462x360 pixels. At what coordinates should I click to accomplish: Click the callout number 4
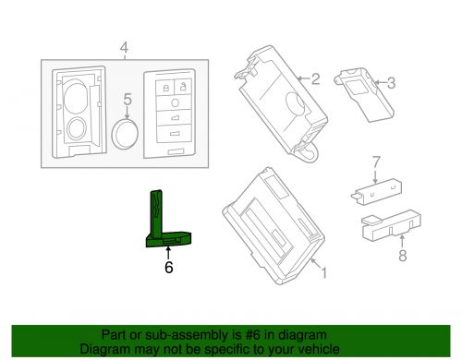(x=124, y=48)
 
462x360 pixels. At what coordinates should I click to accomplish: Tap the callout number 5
(x=128, y=99)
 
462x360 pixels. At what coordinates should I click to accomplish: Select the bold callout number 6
(x=168, y=267)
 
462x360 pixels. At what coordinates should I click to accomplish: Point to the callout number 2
(x=315, y=79)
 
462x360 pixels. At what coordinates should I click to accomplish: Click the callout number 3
(x=391, y=83)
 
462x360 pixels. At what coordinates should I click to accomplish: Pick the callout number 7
(x=376, y=162)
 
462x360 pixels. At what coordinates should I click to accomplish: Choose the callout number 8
(x=403, y=256)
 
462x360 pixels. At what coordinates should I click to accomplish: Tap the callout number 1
(x=323, y=272)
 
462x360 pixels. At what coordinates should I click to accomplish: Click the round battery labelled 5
(x=125, y=134)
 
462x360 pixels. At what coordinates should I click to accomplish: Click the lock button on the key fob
(x=165, y=87)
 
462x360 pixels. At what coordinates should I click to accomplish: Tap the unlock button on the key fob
(x=183, y=86)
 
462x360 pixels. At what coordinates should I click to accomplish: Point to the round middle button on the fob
(x=175, y=102)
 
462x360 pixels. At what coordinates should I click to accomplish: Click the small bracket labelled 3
(x=364, y=95)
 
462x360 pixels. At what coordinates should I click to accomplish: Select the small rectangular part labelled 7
(x=376, y=192)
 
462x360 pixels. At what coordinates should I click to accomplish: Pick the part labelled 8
(x=391, y=225)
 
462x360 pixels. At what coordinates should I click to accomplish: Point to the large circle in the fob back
(x=76, y=96)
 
